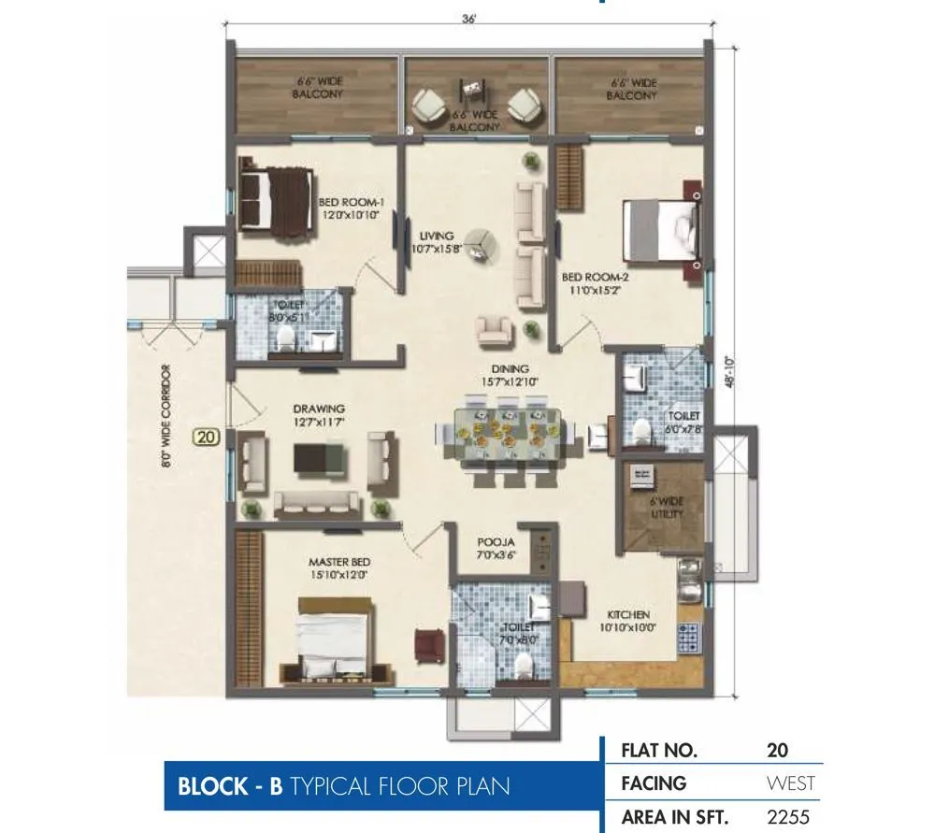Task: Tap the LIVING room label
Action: [436, 242]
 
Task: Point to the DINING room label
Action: [511, 375]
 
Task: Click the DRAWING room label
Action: [319, 415]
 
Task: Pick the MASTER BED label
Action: [339, 568]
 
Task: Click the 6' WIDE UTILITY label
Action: [667, 507]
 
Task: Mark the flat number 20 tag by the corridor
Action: [206, 436]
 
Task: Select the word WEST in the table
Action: [790, 783]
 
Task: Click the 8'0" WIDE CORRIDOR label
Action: [166, 416]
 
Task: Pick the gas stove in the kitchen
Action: [690, 635]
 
